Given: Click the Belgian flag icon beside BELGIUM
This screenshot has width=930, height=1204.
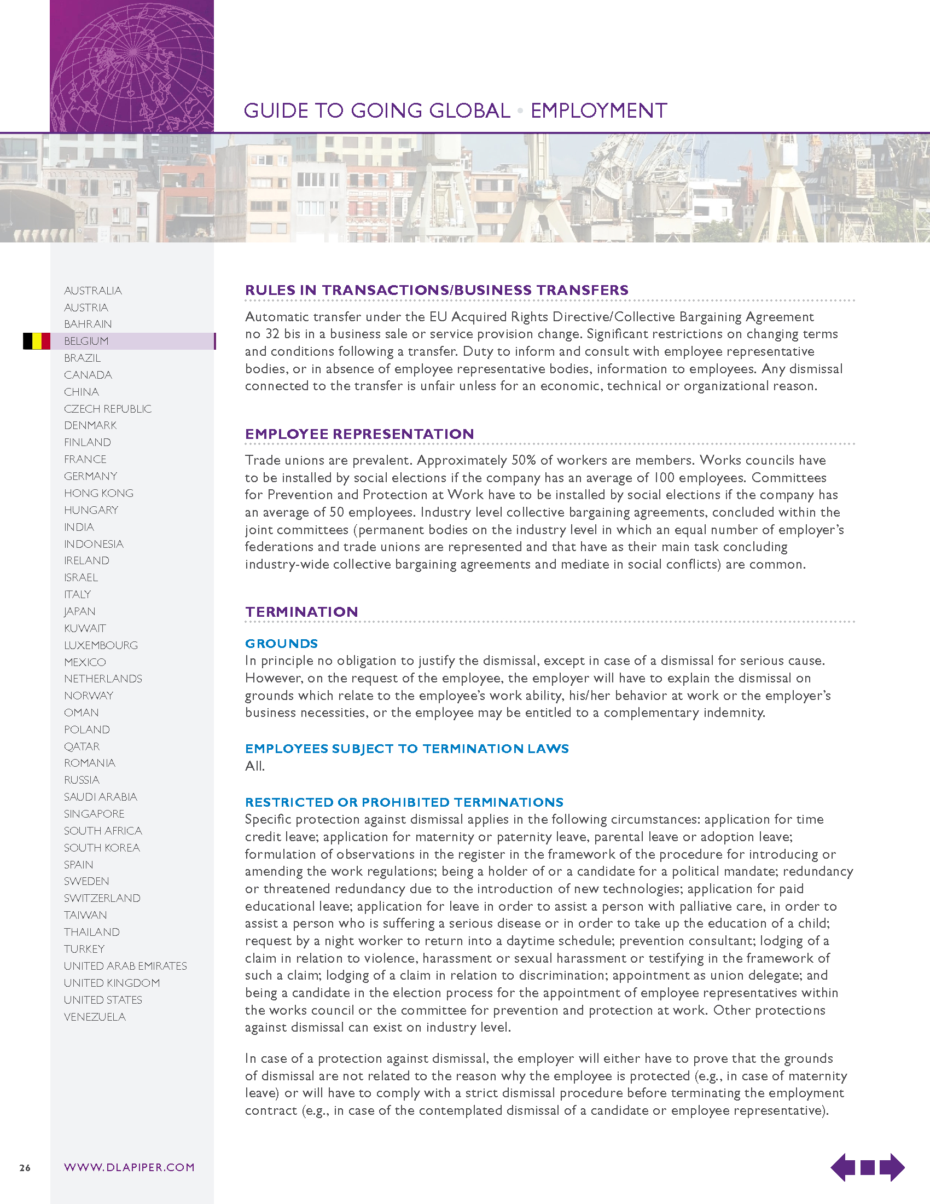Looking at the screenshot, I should coord(36,341).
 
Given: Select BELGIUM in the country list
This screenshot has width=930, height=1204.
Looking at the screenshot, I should coord(86,341).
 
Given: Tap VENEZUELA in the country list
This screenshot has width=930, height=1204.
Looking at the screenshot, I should coord(95,1017).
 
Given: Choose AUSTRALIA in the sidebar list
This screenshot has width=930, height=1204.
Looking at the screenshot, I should coord(93,291).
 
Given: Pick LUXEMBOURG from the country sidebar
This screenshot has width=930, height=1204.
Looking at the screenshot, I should coord(101,645).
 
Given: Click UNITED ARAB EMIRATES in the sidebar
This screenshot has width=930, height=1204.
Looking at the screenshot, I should coord(126,966).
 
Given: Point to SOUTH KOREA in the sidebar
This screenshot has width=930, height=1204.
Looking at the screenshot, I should coord(102,848).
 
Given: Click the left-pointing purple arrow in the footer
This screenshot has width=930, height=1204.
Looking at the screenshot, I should coord(842,1167).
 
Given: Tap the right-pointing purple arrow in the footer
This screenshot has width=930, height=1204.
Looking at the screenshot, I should coord(892,1167).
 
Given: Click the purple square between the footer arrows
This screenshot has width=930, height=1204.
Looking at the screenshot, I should coord(867,1168).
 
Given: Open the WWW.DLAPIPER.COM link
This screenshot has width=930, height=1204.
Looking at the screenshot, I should coord(130,1167).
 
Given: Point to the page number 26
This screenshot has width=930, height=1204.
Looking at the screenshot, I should coord(25,1168).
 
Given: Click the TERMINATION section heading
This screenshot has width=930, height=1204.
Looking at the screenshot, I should coord(302,612).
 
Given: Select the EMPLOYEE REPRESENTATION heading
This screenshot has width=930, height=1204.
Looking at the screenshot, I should coord(360,434).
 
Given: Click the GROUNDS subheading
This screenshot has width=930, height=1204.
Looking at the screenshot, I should coord(282,644).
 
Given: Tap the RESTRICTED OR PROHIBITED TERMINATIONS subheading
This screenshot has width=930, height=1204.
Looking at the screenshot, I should coord(404,802).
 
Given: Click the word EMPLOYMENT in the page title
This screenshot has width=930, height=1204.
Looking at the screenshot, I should coord(599,111).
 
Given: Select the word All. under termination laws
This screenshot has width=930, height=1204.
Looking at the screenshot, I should coord(255,766).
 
